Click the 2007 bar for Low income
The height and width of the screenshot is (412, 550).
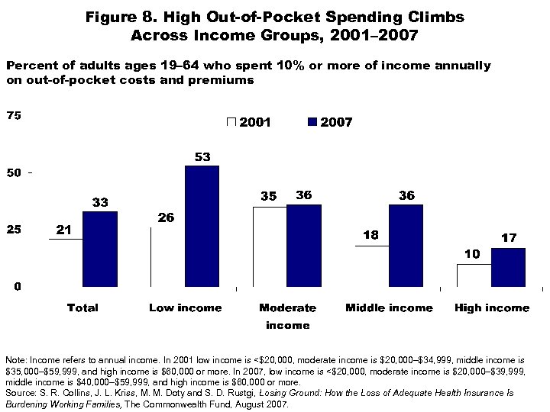click(202, 227)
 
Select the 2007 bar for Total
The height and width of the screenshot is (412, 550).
click(99, 249)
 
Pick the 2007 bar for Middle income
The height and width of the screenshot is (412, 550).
click(406, 246)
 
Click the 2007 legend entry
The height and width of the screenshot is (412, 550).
click(328, 122)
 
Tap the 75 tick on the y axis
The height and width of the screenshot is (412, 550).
click(14, 116)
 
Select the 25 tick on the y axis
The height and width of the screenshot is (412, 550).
click(14, 230)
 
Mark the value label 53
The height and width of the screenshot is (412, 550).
click(202, 156)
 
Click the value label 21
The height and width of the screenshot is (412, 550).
click(64, 230)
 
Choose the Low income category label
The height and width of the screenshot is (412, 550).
click(185, 308)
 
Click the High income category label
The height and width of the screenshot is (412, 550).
click(491, 308)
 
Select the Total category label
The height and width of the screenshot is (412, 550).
click(82, 308)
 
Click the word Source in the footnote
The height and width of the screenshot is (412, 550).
click(19, 392)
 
